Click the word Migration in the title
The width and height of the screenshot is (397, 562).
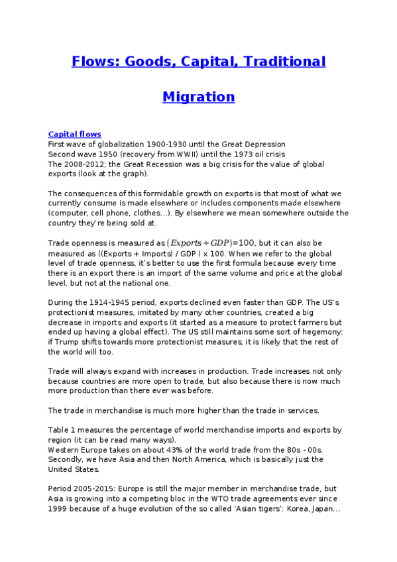point(198,97)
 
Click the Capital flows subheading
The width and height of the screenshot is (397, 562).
point(74,134)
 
